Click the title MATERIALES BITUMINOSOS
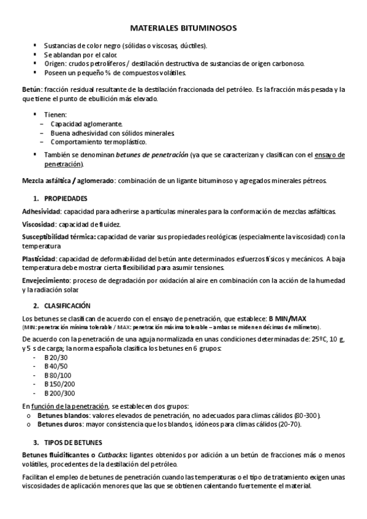pyautogui.click(x=183, y=28)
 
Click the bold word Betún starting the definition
pyautogui.click(x=31, y=89)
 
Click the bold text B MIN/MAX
pyautogui.click(x=287, y=318)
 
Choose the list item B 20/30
pyautogui.click(x=56, y=357)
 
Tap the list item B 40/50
pyautogui.click(x=56, y=366)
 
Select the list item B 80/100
pyautogui.click(x=58, y=375)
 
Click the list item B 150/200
pyautogui.click(x=59, y=384)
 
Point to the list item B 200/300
pyautogui.click(x=59, y=393)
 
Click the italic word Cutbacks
pyautogui.click(x=113, y=455)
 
